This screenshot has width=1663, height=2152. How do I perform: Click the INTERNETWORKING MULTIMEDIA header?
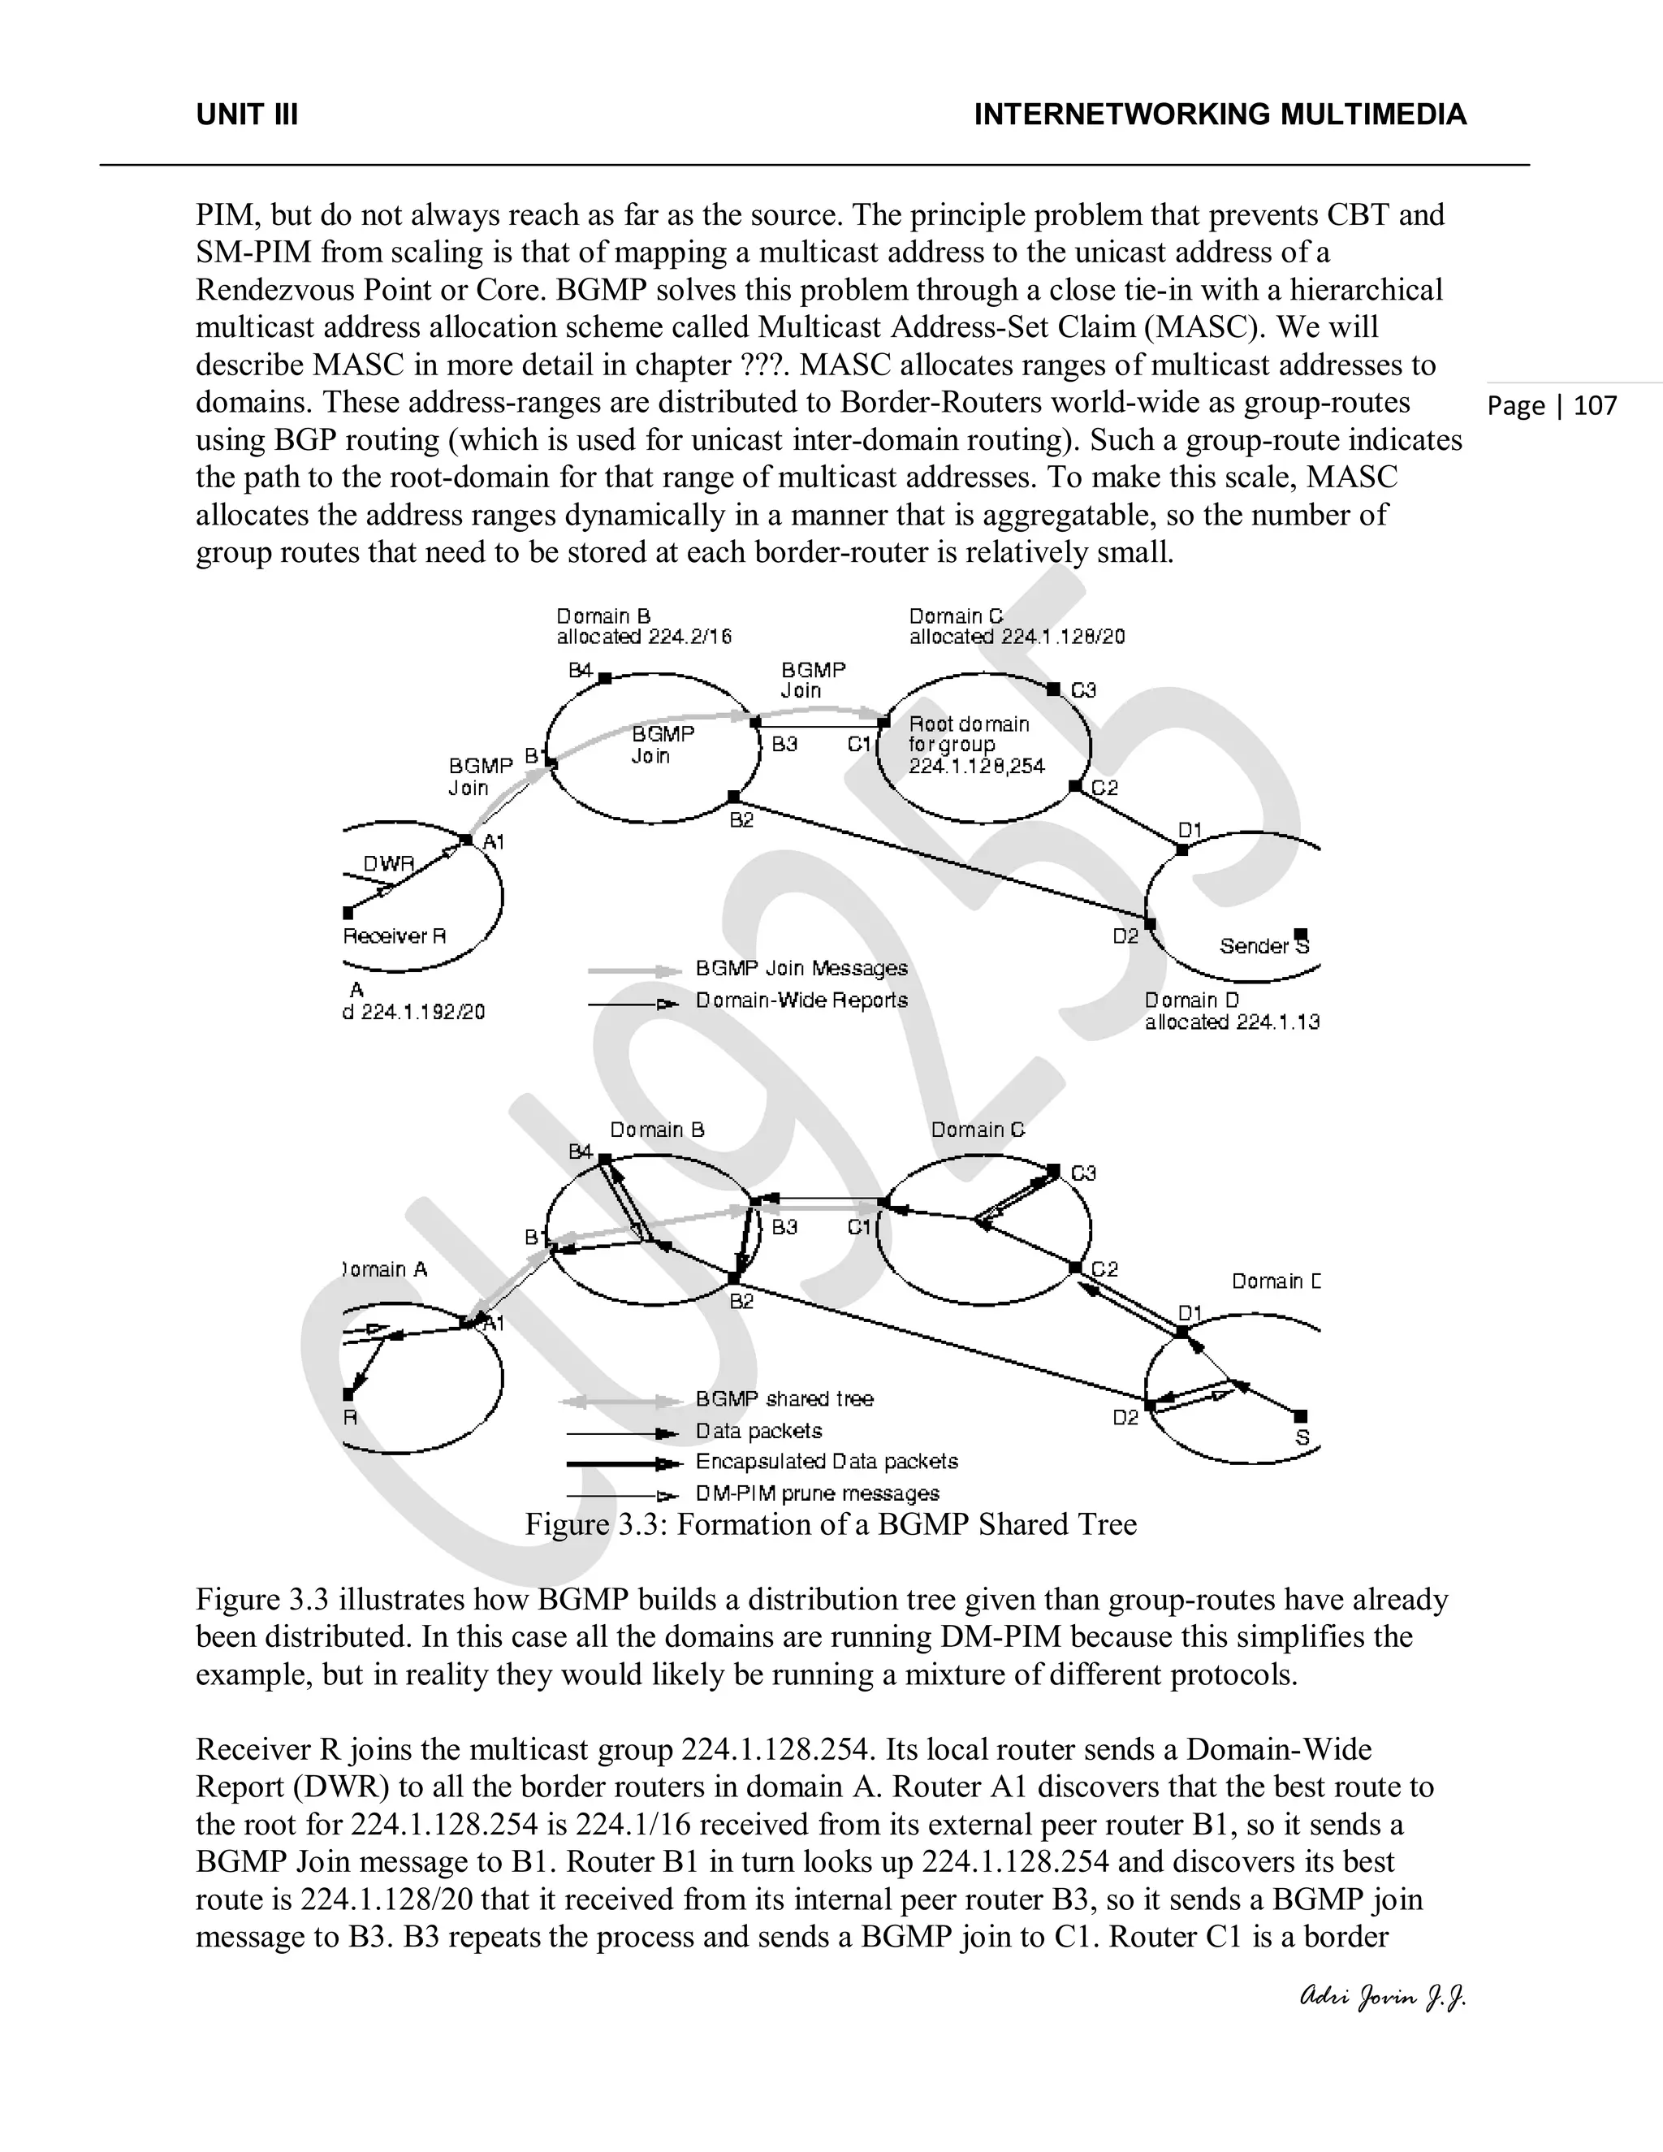click(1220, 115)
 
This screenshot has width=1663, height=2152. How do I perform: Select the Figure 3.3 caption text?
click(831, 1524)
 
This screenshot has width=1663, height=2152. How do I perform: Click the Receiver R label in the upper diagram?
click(394, 936)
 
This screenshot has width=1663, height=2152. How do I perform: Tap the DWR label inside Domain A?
click(388, 864)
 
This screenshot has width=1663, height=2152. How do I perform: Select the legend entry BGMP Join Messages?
click(801, 969)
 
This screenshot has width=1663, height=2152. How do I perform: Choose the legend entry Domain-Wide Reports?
click(801, 1000)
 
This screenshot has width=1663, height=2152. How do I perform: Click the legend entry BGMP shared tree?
click(784, 1399)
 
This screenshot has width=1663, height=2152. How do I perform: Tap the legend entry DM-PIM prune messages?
click(817, 1493)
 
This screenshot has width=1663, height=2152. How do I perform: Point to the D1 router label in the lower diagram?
click(1190, 1312)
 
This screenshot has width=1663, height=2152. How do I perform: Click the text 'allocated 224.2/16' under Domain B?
click(643, 637)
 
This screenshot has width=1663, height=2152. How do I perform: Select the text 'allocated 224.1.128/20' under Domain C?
click(1016, 637)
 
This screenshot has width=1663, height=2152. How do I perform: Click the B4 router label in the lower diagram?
click(581, 1152)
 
